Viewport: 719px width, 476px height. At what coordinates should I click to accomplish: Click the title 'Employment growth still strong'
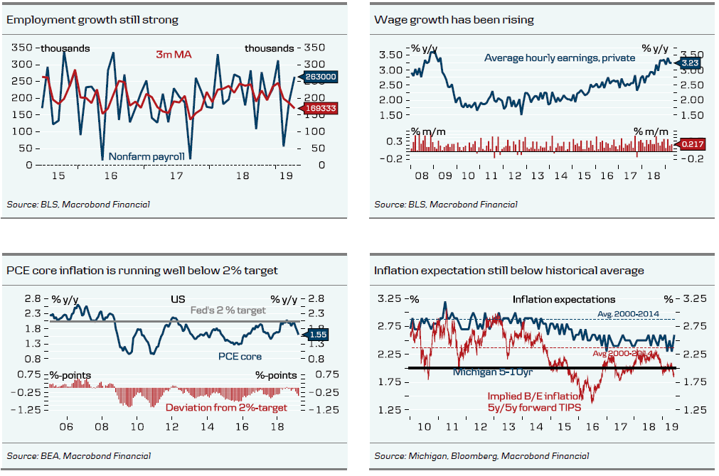tap(92, 20)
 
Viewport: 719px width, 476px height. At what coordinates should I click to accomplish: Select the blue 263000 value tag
tap(321, 77)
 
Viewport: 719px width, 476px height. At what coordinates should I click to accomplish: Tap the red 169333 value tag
tap(321, 108)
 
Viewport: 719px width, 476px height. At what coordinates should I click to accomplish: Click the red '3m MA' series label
tap(174, 54)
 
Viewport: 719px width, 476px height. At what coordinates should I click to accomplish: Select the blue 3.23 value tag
tap(690, 63)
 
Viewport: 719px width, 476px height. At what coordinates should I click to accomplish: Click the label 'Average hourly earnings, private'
tap(560, 58)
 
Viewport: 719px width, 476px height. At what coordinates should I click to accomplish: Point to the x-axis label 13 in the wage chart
tap(538, 175)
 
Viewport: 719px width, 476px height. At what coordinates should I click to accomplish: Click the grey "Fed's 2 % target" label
tap(228, 310)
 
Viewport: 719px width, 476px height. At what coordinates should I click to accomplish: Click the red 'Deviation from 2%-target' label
tap(226, 407)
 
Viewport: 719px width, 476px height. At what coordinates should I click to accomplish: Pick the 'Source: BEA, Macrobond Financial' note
tap(78, 455)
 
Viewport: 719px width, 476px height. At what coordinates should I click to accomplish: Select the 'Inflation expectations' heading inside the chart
tap(564, 299)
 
